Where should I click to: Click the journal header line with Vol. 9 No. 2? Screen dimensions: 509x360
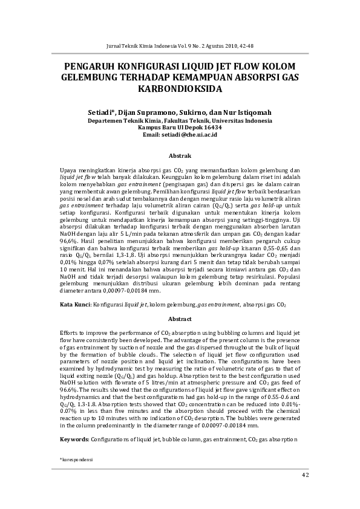point(179,46)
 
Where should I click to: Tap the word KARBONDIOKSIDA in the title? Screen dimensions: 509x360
point(180,89)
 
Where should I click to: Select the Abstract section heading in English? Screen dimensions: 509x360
point(180,319)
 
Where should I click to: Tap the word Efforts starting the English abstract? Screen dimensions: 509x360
point(70,333)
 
